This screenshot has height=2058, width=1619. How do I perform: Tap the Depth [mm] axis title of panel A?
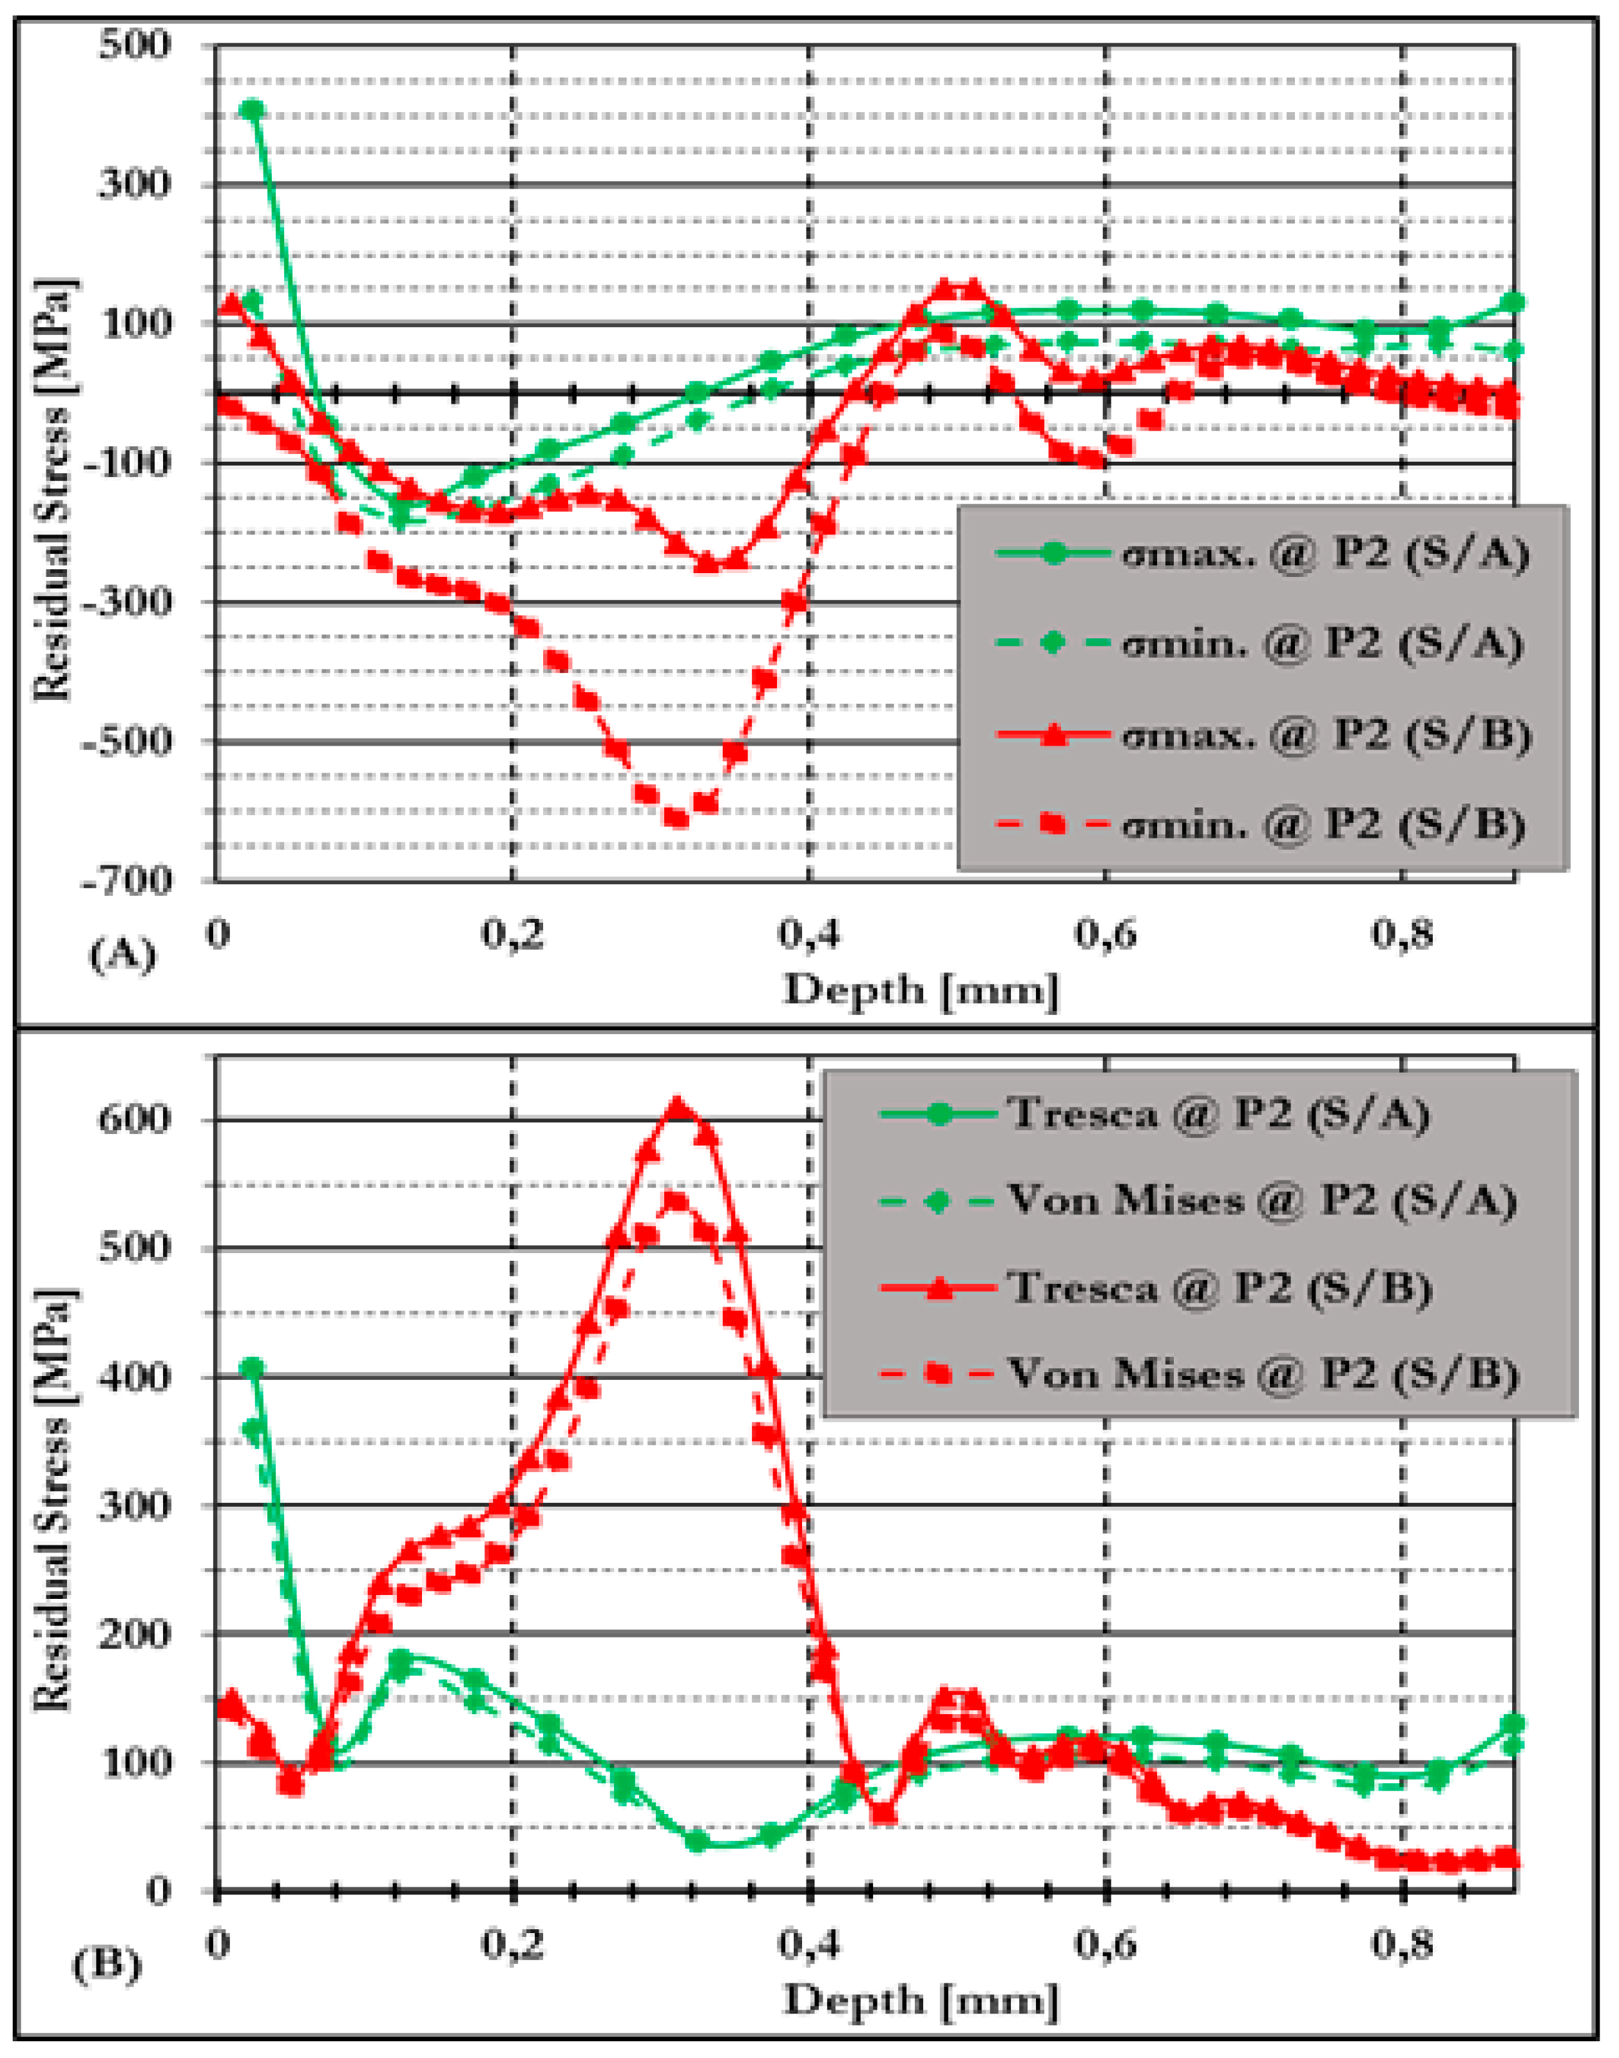tap(921, 990)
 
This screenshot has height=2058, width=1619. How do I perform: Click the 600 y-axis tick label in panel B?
tap(135, 1119)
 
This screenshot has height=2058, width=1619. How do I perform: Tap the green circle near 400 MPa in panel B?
tap(252, 1368)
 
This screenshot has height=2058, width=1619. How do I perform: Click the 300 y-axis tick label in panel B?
tap(135, 1505)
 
